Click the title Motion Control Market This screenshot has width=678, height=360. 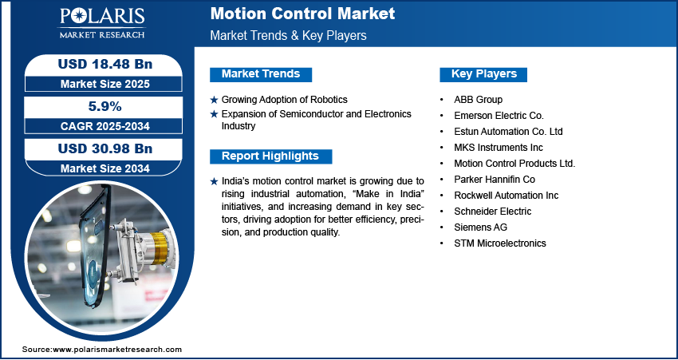point(302,14)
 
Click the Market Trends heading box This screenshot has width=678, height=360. point(260,74)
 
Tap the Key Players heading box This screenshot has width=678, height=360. point(483,74)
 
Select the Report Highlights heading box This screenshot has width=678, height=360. point(270,156)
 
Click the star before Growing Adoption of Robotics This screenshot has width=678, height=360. point(213,100)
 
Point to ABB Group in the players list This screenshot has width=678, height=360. point(478,100)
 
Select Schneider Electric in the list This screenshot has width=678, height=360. point(492,212)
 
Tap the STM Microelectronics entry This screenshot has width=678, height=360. point(500,243)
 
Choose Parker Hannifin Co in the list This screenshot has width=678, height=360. point(494,180)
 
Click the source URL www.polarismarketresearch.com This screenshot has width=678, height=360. point(117,350)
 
